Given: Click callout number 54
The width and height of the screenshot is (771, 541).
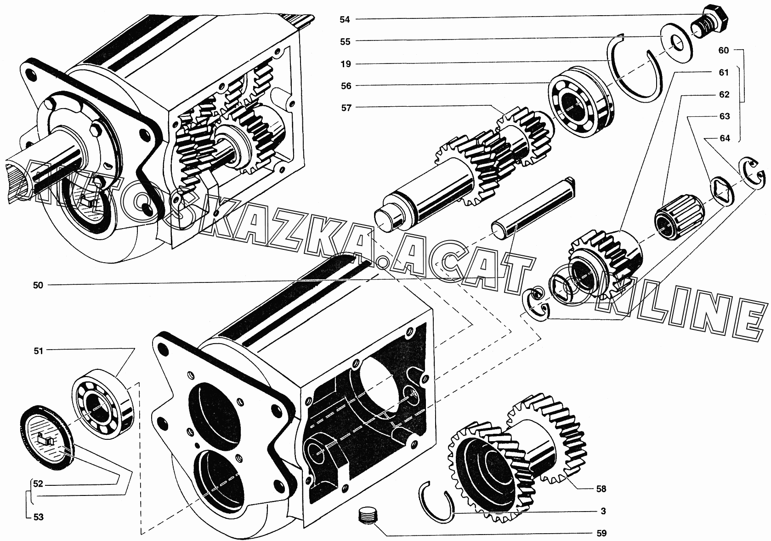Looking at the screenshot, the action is tap(345, 20).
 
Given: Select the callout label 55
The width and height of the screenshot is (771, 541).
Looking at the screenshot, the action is tap(345, 42).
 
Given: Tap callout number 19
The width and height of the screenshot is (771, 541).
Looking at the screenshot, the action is tap(346, 64).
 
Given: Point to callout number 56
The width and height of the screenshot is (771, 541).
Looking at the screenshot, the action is tap(346, 86).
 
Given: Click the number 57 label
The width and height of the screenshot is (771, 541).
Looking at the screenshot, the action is tap(346, 108).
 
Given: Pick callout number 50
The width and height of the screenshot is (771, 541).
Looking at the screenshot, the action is tap(38, 285).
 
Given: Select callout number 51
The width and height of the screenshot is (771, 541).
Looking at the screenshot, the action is tap(38, 351).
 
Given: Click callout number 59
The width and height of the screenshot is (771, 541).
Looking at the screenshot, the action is tap(601, 533).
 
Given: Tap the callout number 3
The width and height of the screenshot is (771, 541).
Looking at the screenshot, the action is tap(603, 511).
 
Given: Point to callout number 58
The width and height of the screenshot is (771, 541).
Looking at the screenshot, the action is tap(601, 489).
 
